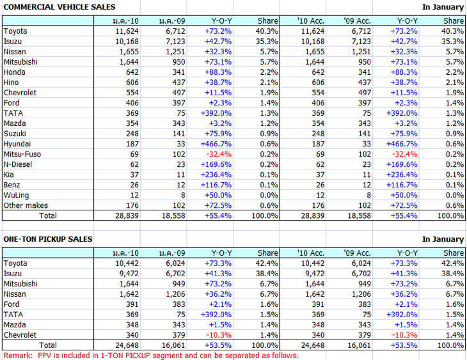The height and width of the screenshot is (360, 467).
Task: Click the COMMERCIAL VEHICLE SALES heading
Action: tap(59, 6)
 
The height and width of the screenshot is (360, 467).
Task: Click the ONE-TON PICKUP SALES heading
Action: tap(47, 239)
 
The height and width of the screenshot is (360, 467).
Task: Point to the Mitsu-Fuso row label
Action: tap(21, 154)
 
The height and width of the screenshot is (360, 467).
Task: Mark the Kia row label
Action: tap(9, 175)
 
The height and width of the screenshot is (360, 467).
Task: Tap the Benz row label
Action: tap(12, 185)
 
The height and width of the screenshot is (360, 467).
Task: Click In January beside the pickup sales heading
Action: tap(443, 239)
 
